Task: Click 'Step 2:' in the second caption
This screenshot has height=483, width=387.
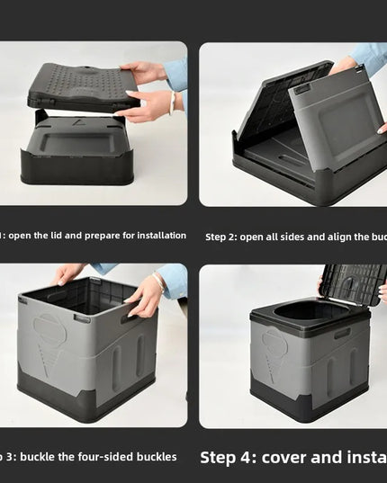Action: (x=220, y=237)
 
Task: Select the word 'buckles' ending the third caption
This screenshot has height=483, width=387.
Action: (x=156, y=457)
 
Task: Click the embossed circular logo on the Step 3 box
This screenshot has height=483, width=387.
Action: (x=49, y=329)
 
